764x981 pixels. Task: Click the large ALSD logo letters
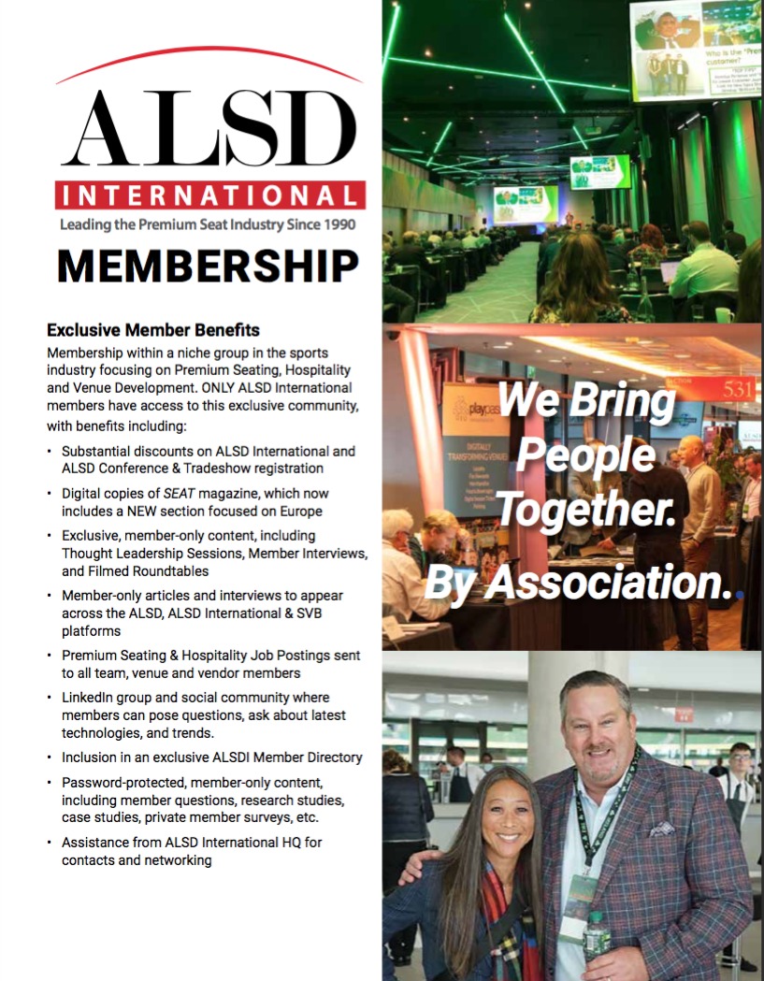209,130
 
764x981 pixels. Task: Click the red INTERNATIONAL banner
209,195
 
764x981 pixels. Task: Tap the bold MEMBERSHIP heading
208,266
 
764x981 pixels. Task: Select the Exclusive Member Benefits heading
153,330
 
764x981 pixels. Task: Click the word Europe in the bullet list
302,511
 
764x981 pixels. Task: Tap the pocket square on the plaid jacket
661,829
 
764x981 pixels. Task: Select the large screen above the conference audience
696,49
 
